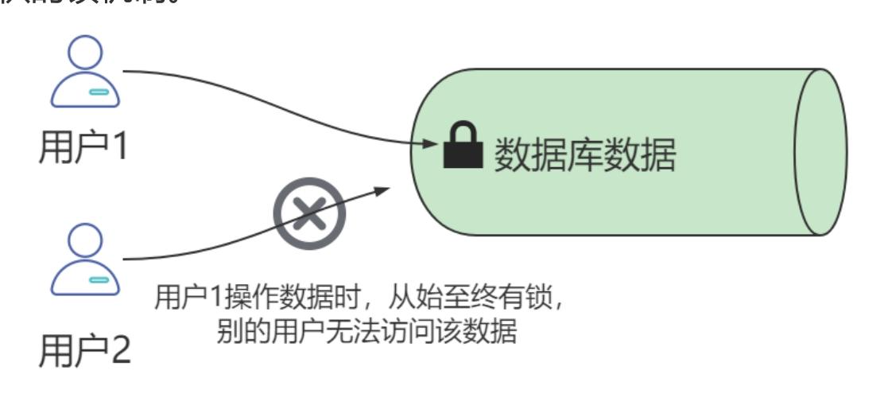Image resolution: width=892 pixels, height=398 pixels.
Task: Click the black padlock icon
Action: coord(463,146)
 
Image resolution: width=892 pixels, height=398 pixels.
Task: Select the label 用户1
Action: coord(84,146)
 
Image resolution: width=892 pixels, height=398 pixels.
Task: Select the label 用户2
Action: coord(84,351)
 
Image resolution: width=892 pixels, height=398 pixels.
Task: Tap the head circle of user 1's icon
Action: coord(85,55)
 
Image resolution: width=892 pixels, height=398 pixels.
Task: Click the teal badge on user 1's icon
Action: coord(99,92)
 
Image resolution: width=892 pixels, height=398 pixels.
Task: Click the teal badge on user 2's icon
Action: coord(99,279)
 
